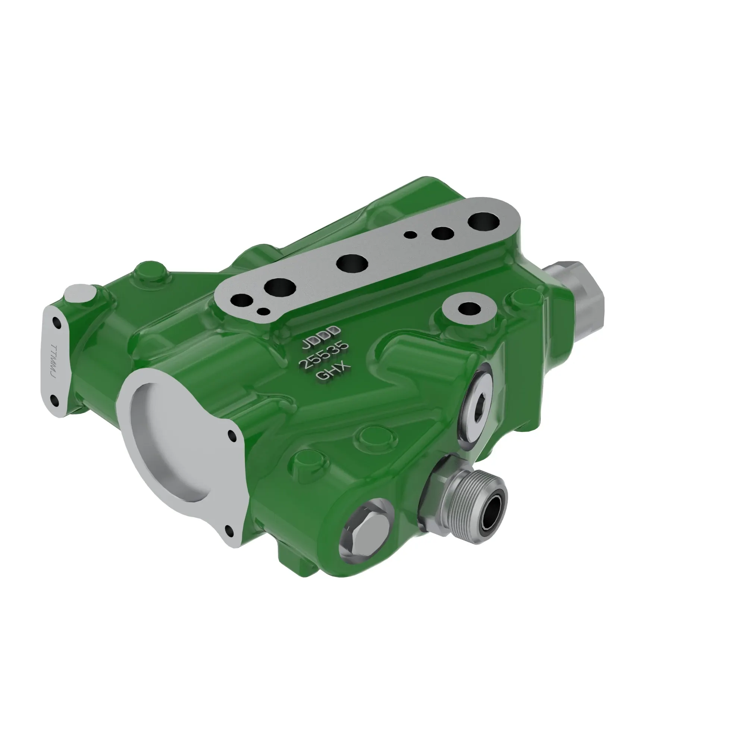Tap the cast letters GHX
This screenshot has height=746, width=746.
tap(333, 372)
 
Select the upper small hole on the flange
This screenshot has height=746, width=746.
tap(232, 436)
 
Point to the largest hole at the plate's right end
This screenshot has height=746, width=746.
tap(483, 222)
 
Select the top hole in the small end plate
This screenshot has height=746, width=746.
tap(56, 322)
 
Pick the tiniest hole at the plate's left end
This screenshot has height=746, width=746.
tap(264, 311)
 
